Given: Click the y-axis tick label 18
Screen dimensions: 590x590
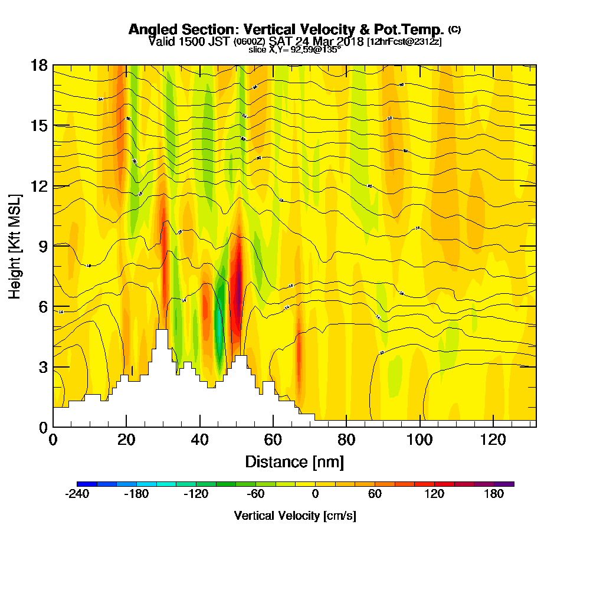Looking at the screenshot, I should pos(39,65).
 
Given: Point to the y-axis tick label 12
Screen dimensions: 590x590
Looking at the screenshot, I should pos(39,186).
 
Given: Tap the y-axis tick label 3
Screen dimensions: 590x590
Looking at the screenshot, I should pos(43,366).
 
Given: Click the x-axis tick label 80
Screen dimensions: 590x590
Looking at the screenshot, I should pos(346,440).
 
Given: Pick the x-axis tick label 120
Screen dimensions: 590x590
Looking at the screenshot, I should pos(493,440).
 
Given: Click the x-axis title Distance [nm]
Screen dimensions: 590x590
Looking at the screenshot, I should pos(294,461).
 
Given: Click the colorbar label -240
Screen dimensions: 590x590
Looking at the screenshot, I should pos(77,494).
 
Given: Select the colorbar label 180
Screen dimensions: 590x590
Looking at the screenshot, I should pos(494,494).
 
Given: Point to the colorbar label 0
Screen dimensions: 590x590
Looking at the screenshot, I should pos(316,494).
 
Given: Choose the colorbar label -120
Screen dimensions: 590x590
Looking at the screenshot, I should pos(196,494).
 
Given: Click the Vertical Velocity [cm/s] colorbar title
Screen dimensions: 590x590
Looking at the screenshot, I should pos(295,516).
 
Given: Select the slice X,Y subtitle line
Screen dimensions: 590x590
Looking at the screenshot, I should pos(294,50).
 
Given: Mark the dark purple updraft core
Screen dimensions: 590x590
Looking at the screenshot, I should pos(238,274).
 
